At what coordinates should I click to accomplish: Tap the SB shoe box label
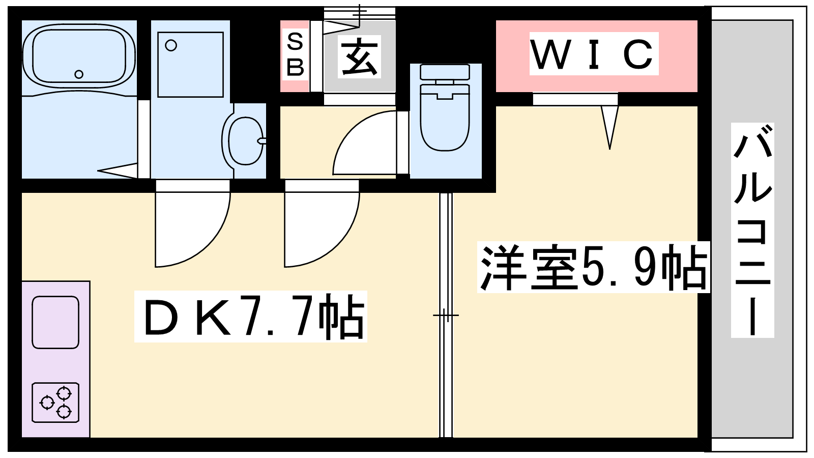tap(295, 54)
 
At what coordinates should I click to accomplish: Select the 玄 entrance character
tap(360, 56)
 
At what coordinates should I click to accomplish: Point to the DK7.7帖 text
tap(251, 317)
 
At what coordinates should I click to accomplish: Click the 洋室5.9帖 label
tap(593, 268)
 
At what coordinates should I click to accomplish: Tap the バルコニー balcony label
tap(752, 230)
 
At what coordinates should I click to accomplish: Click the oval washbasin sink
tap(245, 141)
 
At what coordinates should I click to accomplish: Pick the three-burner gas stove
tap(55, 402)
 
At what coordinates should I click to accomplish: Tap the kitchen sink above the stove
tap(55, 322)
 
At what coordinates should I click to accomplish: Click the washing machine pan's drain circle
tap(171, 46)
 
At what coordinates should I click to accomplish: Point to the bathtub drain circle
tap(79, 74)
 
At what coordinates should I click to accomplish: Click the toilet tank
tap(445, 72)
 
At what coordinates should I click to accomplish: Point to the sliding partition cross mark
tap(446, 316)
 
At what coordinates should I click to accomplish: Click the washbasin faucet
tap(261, 141)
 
